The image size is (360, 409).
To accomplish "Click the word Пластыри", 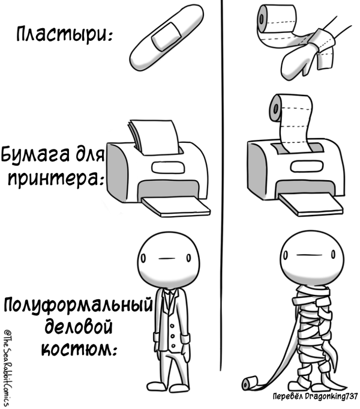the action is click(x=64, y=34).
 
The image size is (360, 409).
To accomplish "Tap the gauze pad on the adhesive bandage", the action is click(x=167, y=36).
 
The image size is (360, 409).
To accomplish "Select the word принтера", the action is click(x=54, y=180).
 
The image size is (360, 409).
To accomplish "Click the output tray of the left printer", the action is click(x=176, y=207).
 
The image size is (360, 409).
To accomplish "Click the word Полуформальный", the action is click(x=77, y=305).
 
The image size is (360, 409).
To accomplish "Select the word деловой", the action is click(x=79, y=327).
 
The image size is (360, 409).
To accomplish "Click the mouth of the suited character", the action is click(x=166, y=259).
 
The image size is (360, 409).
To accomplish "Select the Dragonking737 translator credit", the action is click(x=315, y=396).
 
